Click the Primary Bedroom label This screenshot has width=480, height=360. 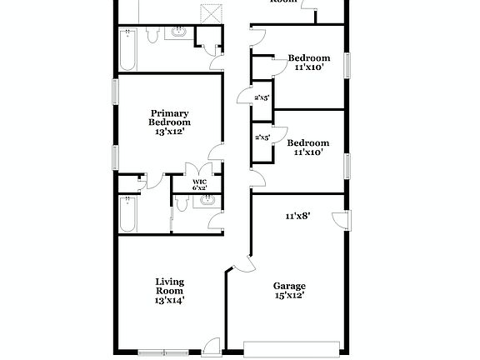click(x=169, y=122)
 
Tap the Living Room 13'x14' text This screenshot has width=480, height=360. click(x=169, y=291)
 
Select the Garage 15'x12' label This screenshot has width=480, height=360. click(x=289, y=290)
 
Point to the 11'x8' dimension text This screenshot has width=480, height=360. click(x=297, y=216)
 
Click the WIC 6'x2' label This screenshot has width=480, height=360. click(x=199, y=185)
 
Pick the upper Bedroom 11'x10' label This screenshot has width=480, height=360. click(x=309, y=62)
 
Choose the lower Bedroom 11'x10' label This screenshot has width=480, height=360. click(x=308, y=147)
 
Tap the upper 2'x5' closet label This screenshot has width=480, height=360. click(x=262, y=97)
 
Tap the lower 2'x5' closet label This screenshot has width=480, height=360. click(x=262, y=137)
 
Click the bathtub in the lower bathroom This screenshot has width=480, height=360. click(x=128, y=215)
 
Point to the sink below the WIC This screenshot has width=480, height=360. click(x=205, y=200)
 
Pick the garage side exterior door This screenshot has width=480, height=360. click(x=340, y=219)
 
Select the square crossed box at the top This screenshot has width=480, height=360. click(x=213, y=13)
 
